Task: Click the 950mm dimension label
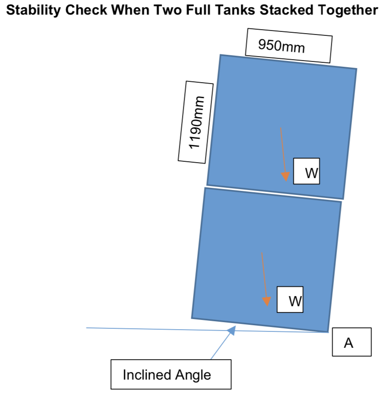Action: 289,46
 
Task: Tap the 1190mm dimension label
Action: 196,122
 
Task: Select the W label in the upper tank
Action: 307,171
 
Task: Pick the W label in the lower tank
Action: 290,300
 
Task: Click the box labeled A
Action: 352,342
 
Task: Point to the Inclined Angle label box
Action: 171,374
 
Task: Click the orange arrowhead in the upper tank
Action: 285,177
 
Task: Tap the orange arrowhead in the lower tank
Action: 266,301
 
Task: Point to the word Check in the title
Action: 86,10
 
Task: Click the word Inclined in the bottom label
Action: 147,375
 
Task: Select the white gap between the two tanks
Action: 274,194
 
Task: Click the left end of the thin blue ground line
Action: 87,328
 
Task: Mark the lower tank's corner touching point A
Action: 328,332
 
